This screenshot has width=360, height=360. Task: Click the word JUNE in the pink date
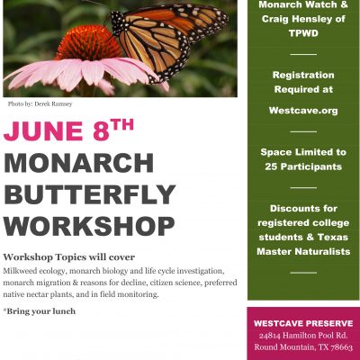point(43,130)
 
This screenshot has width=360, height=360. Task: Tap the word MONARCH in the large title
point(79,163)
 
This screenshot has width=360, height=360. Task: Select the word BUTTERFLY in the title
point(90,194)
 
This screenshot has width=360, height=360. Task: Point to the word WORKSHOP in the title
point(89,226)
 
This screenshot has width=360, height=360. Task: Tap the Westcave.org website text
point(303,111)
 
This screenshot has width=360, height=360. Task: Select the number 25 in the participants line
point(271,166)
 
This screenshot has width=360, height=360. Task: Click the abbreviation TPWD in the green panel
point(303,33)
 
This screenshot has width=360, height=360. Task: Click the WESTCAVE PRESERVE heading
point(303,323)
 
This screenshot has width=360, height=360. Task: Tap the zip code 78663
point(342,347)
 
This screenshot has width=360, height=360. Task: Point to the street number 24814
point(270,336)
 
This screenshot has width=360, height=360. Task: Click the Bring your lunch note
point(40,311)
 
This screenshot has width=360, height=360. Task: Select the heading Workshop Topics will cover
point(69,257)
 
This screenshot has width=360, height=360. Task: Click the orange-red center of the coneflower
point(88,42)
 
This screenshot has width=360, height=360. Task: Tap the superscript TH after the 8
point(121,124)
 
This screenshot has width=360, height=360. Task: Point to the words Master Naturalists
point(303,251)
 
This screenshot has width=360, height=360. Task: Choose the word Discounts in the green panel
point(287,208)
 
